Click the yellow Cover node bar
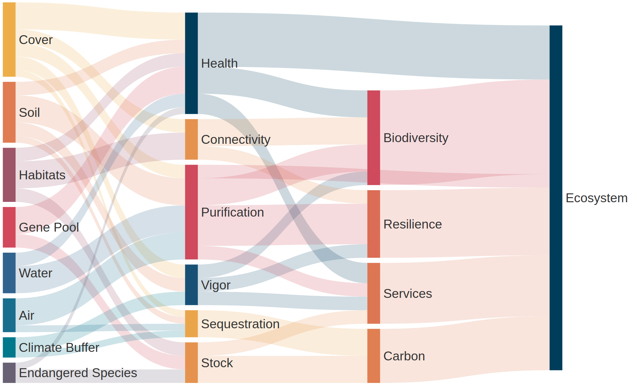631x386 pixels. click(x=9, y=40)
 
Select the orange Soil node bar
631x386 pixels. click(x=9, y=112)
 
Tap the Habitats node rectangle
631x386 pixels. click(x=9, y=175)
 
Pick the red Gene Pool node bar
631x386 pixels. click(x=9, y=227)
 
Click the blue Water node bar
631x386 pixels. click(x=9, y=273)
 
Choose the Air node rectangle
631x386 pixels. click(x=9, y=315)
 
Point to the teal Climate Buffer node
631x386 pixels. click(x=9, y=347)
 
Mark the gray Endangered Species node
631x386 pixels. click(x=9, y=373)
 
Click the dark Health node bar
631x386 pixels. click(x=191, y=63)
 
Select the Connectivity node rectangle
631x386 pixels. click(x=191, y=139)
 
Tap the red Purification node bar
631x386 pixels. click(x=191, y=212)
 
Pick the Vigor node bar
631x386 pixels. click(x=191, y=285)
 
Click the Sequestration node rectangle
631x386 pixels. click(x=191, y=323)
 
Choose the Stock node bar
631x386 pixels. click(x=191, y=362)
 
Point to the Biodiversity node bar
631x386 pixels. click(x=373, y=138)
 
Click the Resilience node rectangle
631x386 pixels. click(x=373, y=224)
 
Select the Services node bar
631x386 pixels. click(x=373, y=293)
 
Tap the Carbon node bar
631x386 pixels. click(x=373, y=356)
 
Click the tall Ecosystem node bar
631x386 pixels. click(x=556, y=197)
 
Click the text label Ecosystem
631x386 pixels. click(x=596, y=198)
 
